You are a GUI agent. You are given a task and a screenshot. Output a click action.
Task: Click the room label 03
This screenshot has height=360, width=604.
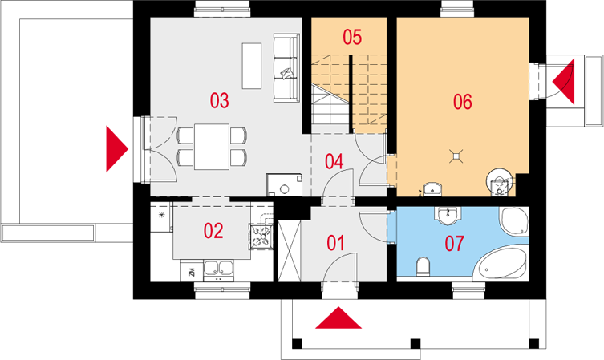pos(219,100)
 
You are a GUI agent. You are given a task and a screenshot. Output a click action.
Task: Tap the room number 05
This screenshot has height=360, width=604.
pos(352,38)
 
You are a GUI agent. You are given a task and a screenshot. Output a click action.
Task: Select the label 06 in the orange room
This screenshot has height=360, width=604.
pos(462,102)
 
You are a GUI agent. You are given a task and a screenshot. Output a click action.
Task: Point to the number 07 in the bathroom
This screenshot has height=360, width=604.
pos(455,244)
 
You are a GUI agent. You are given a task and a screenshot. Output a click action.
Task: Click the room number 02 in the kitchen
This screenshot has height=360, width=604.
pos(213,231)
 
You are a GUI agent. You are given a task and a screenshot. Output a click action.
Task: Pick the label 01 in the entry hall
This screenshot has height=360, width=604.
pos(335,243)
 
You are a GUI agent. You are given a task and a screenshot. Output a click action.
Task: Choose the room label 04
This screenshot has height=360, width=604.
pos(334,161)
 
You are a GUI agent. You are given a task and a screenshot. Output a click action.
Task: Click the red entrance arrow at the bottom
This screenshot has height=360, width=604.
pos(338,318)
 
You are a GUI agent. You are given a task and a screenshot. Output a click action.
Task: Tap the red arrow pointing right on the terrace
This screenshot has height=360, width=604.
pos(117,148)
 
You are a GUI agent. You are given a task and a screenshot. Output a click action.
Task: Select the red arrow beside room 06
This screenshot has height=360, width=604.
pos(564,82)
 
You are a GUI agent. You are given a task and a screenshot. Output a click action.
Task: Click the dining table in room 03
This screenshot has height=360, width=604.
pos(212,147)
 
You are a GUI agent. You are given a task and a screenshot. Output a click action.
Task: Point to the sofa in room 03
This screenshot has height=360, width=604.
pos(286,68)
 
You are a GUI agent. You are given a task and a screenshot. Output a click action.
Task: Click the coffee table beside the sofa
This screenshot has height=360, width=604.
pos(252,67)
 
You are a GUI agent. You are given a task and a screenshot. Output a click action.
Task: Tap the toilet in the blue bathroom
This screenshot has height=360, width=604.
pos(423,266)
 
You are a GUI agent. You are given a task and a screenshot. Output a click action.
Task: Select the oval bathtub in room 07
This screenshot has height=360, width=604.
pos(501,263)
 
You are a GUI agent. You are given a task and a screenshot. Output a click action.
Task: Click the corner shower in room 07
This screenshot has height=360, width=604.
pos(514,221)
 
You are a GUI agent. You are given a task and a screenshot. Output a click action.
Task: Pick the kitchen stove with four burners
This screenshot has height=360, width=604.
pos(261,237)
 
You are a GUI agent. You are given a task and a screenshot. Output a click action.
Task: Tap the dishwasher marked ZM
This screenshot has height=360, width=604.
pos(192,271)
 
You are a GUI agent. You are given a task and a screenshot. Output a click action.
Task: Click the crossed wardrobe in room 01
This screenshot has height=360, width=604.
pos(290,250)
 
